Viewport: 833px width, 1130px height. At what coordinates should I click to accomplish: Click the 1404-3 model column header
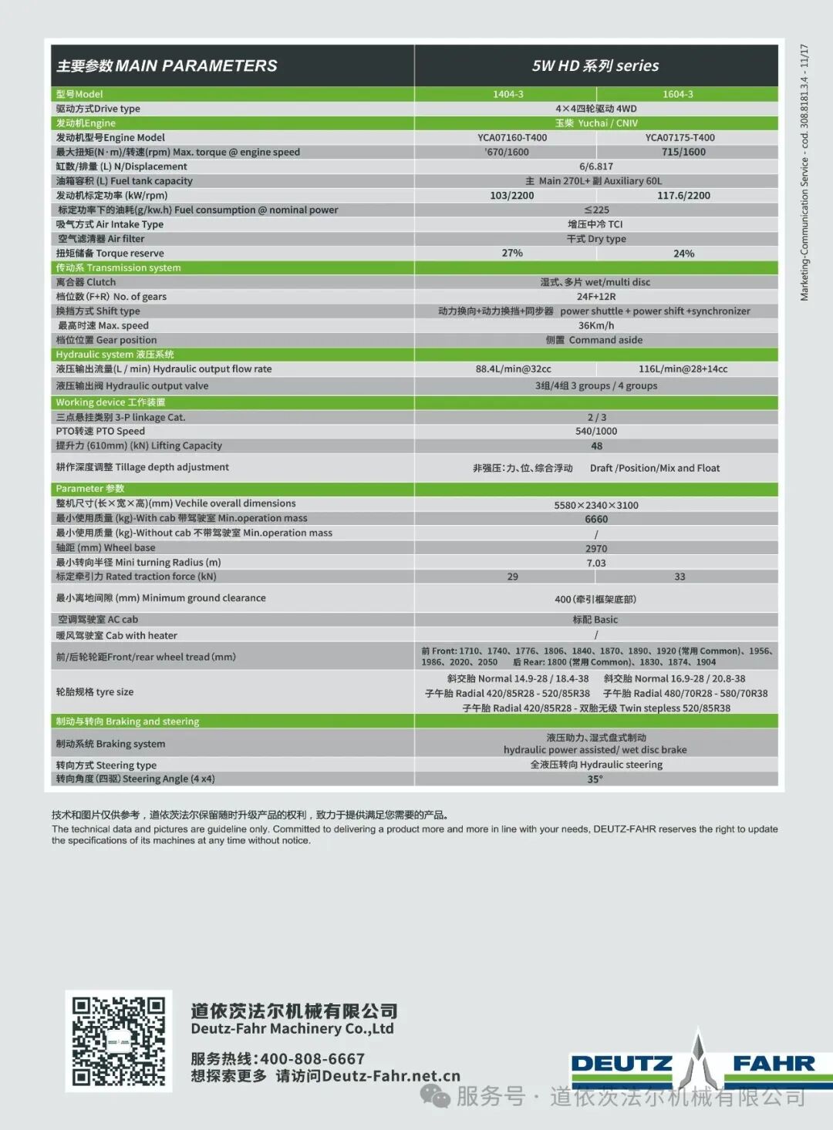pos(508,94)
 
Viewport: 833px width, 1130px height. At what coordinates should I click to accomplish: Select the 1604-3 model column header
pos(678,94)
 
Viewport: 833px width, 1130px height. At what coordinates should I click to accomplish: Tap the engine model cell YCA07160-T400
pos(512,138)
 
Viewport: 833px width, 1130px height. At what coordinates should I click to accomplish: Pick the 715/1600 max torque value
pos(683,152)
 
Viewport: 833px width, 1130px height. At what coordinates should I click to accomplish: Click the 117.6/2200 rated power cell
pos(683,196)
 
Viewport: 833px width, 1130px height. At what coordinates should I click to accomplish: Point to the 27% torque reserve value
pos(512,253)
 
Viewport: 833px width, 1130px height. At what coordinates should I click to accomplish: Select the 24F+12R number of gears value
pos(596,297)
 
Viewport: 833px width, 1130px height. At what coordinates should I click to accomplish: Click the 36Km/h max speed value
pos(596,325)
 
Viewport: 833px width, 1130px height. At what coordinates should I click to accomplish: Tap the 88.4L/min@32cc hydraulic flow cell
pos(514,369)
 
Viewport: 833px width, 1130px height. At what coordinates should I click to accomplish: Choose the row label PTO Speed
pos(100,432)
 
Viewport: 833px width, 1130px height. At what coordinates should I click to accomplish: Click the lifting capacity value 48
pos(596,446)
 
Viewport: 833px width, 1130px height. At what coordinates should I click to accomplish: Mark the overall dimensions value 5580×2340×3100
pos(596,505)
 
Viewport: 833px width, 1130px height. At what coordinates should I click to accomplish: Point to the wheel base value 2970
pos(596,549)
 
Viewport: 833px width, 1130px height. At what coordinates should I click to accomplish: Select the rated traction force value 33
pos(680,577)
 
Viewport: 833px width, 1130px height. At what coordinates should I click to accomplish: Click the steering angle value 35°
pos(595,779)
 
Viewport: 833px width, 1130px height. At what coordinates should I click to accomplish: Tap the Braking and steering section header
pos(127,721)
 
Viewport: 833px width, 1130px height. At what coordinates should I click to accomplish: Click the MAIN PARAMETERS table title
pos(167,66)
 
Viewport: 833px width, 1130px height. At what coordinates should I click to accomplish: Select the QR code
pos(119,1041)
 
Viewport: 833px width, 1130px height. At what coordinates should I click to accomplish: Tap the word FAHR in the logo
pos(774,1064)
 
